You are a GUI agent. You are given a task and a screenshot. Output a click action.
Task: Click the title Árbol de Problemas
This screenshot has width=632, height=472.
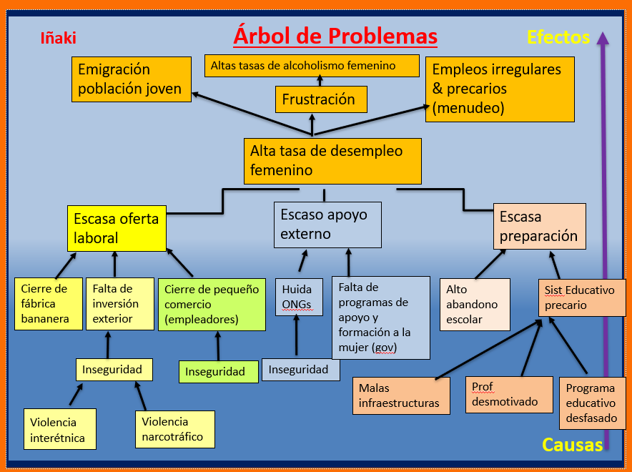point(335,36)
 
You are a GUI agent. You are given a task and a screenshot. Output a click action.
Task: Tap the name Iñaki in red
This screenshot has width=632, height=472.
point(59,39)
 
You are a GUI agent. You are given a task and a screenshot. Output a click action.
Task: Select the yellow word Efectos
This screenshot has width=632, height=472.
point(558,37)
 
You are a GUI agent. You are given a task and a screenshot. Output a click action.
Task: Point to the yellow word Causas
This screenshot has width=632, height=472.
point(572,445)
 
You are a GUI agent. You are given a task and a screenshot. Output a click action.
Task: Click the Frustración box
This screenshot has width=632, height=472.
point(321,99)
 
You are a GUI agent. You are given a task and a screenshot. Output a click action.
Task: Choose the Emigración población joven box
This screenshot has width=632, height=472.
point(132,79)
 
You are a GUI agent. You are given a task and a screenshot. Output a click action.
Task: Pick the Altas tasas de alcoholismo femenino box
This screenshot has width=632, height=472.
point(312,66)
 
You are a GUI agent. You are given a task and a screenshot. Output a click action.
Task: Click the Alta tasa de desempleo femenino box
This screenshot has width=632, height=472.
point(332,161)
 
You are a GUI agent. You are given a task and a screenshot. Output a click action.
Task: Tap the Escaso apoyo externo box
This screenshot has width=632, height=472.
point(327,224)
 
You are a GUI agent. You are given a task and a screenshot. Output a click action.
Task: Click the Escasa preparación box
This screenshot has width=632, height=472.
point(539,226)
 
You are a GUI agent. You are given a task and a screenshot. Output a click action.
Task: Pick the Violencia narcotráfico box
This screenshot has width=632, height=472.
point(174,429)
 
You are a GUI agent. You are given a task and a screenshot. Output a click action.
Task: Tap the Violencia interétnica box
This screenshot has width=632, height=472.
point(59,429)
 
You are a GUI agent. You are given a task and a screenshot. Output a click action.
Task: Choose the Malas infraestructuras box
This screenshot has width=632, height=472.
point(401,395)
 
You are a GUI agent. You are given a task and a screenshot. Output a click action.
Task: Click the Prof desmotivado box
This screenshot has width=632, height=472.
point(508,394)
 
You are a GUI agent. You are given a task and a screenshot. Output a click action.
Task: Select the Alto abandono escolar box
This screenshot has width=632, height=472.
point(475,305)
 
